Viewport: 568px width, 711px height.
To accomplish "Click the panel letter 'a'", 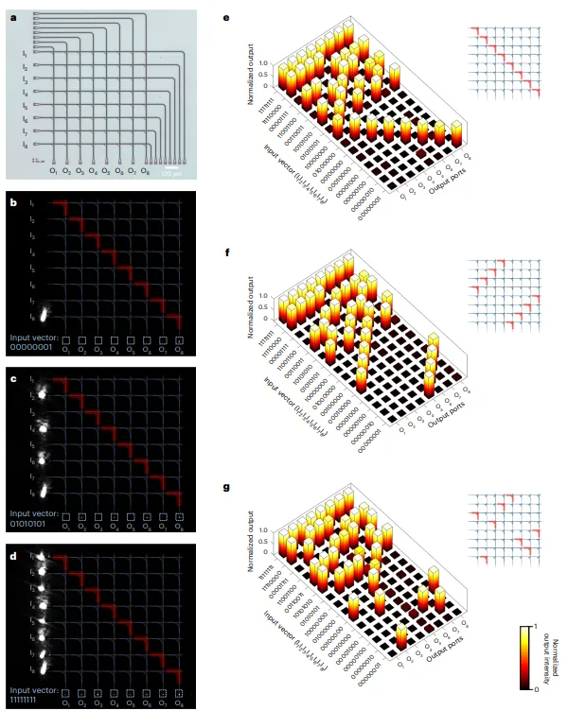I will coord(12,15).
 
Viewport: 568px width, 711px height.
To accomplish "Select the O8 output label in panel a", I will coord(145,171).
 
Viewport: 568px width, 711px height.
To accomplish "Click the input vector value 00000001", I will coord(34,344).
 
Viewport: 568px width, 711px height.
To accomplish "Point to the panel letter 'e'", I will coord(223,15).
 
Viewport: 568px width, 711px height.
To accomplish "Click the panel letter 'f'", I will coord(223,252).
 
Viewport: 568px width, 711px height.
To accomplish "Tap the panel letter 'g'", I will coord(224,487).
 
